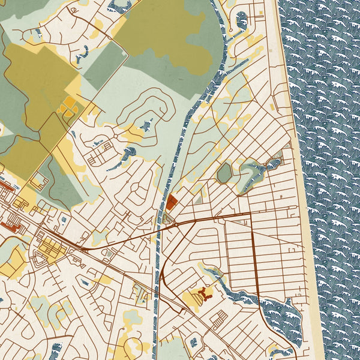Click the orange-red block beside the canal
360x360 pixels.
click(x=172, y=202)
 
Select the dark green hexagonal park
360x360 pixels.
click(x=224, y=173)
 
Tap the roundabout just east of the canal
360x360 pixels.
click(x=176, y=224)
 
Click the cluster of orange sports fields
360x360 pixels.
click(x=67, y=108)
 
